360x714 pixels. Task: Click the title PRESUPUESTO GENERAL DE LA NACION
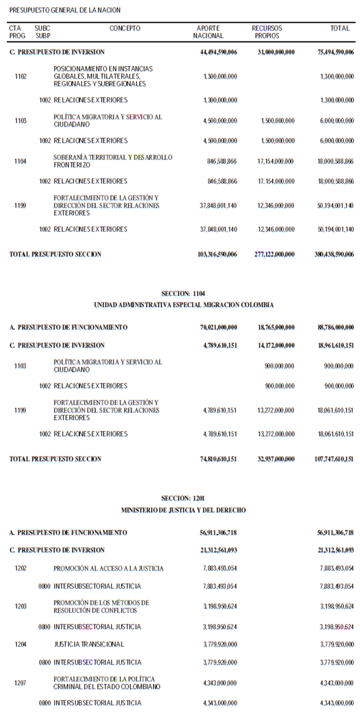tap(65, 10)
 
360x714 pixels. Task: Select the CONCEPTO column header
tap(125, 28)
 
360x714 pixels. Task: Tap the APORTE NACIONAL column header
tap(208, 32)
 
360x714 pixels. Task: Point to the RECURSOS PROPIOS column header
tap(267, 32)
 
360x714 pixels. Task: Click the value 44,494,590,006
tap(216, 52)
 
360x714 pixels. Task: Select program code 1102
tap(20, 76)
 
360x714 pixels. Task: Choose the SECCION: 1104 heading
tap(183, 293)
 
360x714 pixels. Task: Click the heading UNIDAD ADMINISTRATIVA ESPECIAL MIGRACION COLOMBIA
tap(183, 305)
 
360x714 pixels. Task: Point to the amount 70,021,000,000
tap(216, 327)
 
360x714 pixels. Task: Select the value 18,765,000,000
tap(274, 327)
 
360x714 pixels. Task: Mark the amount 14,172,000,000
tap(274, 345)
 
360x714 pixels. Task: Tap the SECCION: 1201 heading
tap(183, 499)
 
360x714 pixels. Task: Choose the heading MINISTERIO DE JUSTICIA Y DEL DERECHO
tap(183, 510)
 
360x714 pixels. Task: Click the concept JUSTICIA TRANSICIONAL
tap(89, 644)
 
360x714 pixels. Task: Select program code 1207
tap(20, 683)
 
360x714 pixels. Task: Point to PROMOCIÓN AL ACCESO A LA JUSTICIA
tap(109, 568)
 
